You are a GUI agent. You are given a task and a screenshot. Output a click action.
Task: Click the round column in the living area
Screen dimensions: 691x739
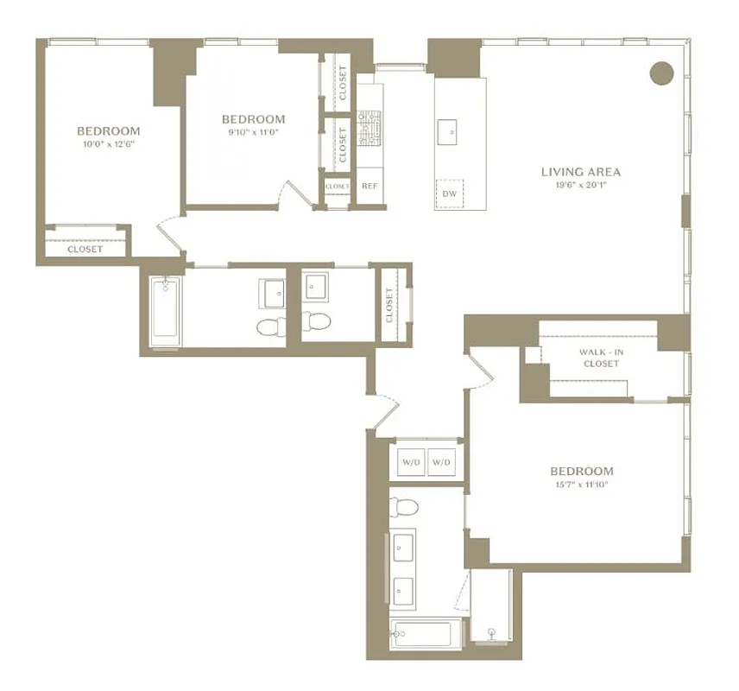(660, 73)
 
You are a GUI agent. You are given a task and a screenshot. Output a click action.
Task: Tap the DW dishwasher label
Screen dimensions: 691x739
(449, 193)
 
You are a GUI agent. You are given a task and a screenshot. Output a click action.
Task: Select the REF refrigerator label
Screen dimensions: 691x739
(369, 186)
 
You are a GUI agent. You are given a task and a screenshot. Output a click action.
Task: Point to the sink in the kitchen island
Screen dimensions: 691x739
(450, 131)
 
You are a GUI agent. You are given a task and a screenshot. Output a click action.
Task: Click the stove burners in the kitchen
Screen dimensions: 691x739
(369, 127)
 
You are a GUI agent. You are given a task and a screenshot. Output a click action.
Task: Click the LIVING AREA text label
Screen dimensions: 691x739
(580, 172)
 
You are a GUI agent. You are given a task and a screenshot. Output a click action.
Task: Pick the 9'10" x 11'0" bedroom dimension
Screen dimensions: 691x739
(253, 132)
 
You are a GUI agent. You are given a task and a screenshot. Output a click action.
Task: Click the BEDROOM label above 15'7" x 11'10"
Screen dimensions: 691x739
(582, 471)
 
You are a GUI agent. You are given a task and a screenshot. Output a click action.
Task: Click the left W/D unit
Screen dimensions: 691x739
(410, 462)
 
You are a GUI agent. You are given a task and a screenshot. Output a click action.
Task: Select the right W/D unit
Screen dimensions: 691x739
(441, 462)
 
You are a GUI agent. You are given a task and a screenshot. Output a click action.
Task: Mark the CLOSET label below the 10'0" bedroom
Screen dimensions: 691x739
(85, 249)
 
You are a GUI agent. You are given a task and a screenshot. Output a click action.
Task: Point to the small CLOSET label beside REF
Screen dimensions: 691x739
(337, 186)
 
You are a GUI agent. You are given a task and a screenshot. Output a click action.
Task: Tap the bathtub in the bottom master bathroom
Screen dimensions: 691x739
(426, 635)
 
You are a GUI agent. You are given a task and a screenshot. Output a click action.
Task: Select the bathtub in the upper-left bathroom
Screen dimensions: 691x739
(164, 311)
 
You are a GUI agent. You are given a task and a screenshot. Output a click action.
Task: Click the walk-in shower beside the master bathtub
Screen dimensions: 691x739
(490, 609)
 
